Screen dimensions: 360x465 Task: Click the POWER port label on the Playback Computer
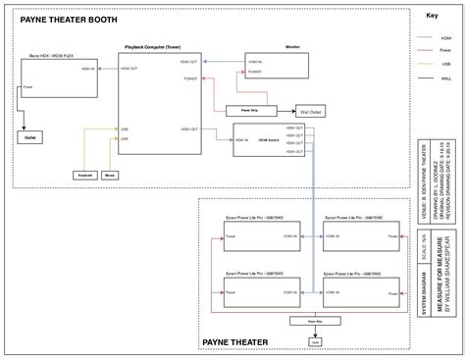click(x=189, y=77)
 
